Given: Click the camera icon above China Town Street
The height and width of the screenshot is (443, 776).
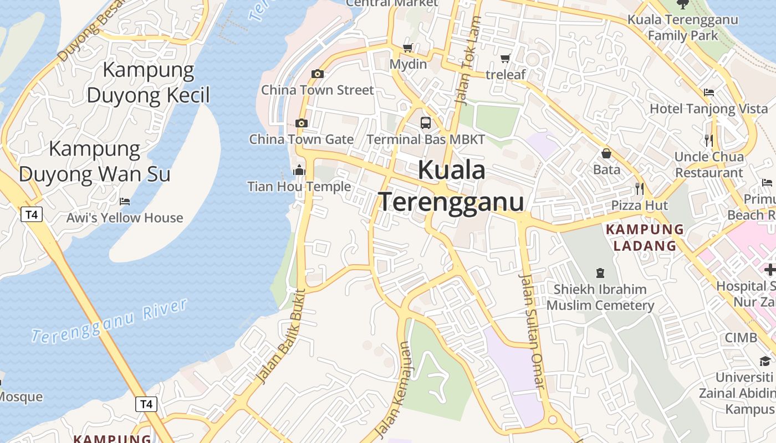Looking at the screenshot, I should click(x=318, y=74).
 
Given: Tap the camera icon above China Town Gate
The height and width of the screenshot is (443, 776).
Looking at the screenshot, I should click(x=302, y=123).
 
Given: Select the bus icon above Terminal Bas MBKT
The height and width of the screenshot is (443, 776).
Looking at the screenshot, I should click(x=425, y=123).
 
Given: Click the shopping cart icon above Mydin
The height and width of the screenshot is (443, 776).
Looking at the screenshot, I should click(x=408, y=48).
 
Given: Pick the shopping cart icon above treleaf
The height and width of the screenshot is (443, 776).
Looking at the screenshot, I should click(x=505, y=58).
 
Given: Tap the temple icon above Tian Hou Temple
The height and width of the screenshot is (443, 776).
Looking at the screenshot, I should click(x=299, y=170).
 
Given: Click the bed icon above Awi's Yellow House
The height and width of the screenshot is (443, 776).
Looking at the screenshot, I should click(x=125, y=202).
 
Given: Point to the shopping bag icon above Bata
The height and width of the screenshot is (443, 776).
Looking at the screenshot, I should click(x=606, y=153).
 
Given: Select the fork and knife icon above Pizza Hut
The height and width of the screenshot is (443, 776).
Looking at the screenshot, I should click(x=640, y=189).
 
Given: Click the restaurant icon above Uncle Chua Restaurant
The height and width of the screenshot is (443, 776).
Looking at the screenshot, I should click(x=708, y=140).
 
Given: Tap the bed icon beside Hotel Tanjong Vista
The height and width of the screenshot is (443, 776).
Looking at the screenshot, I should click(x=708, y=92).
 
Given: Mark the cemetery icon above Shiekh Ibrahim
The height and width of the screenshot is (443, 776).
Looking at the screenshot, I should click(x=600, y=272).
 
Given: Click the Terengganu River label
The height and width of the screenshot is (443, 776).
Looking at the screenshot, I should click(x=109, y=321).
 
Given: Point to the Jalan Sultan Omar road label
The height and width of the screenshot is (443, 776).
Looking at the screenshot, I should click(x=532, y=331).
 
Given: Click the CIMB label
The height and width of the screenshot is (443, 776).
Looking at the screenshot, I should click(x=741, y=338).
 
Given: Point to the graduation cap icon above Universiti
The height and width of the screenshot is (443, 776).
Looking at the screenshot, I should click(x=765, y=361).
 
